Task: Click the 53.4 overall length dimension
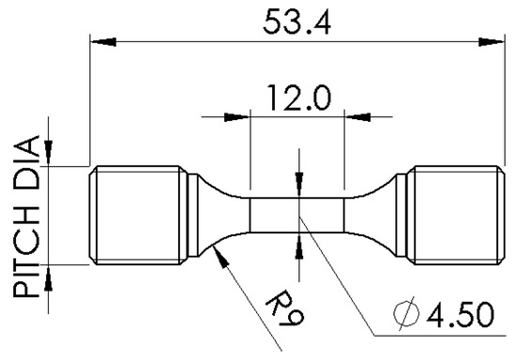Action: click(x=296, y=22)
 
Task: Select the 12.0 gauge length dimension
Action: click(x=298, y=97)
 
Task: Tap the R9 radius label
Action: click(x=285, y=307)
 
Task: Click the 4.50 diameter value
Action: click(x=461, y=314)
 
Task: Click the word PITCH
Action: click(x=26, y=252)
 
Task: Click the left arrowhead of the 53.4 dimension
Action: click(x=103, y=42)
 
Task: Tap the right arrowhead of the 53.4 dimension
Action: click(x=491, y=42)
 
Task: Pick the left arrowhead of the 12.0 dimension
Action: click(x=236, y=117)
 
